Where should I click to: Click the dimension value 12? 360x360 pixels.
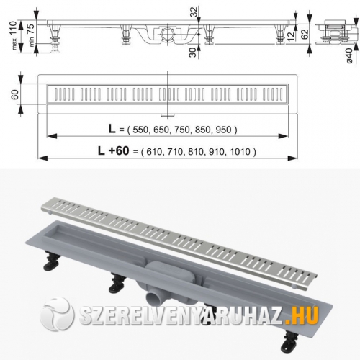tap(289, 35)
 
